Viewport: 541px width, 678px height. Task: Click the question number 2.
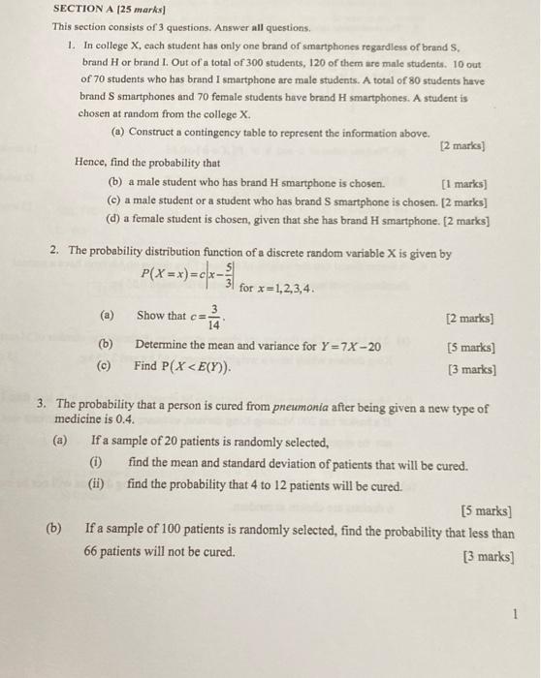[57, 252]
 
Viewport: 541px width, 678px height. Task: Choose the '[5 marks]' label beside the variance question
[471, 347]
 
